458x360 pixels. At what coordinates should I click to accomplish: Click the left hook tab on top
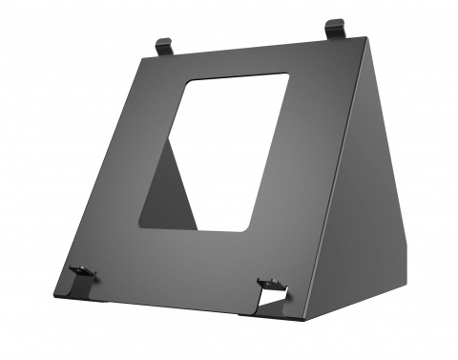(164, 46)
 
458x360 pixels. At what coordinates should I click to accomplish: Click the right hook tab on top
(335, 30)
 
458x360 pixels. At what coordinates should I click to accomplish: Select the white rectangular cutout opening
(229, 143)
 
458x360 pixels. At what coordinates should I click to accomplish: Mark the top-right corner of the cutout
(287, 74)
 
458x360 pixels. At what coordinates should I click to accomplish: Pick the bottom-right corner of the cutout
(250, 229)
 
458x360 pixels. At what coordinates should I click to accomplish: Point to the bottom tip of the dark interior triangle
(197, 229)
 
